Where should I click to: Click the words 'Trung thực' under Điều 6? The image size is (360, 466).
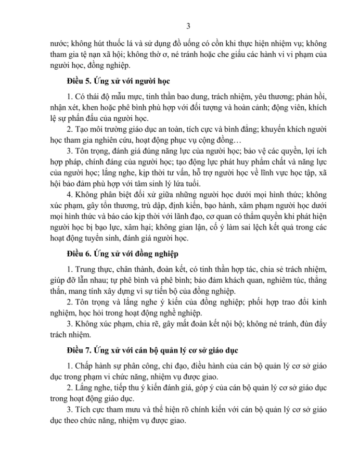(x=95, y=270)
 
